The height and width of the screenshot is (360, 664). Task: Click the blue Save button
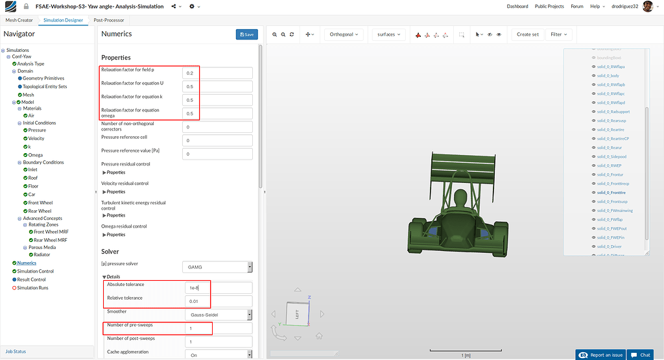(x=246, y=34)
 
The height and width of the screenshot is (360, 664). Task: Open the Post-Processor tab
(x=109, y=20)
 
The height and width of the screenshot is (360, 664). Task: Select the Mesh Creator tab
(x=19, y=20)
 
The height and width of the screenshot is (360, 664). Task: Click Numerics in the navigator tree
(x=27, y=263)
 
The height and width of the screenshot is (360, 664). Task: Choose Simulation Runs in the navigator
(x=32, y=287)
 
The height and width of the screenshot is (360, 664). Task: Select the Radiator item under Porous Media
(x=42, y=254)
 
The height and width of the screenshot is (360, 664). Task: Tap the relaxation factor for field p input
(x=217, y=73)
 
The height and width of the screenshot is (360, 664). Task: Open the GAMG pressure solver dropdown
(x=217, y=267)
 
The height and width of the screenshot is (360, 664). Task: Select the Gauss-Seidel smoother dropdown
(x=217, y=315)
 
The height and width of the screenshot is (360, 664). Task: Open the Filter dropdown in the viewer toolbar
(x=558, y=34)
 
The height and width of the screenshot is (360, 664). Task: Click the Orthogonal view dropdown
(x=344, y=34)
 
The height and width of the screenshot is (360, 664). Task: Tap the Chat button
(x=641, y=355)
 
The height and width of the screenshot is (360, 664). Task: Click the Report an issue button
(x=601, y=355)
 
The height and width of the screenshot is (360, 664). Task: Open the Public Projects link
(x=549, y=6)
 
